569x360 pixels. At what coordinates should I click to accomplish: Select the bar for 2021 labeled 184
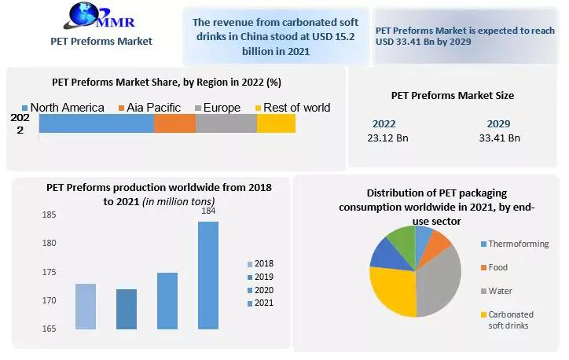click(x=208, y=275)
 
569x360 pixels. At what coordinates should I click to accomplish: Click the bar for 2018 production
click(x=86, y=307)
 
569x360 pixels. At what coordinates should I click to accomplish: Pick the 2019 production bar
click(x=127, y=309)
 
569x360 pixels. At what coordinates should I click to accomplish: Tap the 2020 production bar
click(x=167, y=301)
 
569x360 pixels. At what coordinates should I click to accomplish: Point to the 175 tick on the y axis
click(x=49, y=272)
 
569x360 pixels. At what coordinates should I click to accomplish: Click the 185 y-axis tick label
click(x=49, y=215)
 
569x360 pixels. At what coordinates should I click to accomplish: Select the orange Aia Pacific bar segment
click(x=174, y=123)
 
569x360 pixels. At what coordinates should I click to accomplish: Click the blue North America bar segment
click(x=96, y=123)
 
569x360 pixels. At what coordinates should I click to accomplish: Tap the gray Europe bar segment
click(x=226, y=123)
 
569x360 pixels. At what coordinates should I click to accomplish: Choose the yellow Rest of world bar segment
click(x=276, y=123)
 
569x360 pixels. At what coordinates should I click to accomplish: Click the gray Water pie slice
click(x=440, y=279)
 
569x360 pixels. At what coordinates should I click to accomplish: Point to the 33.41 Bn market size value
click(x=499, y=138)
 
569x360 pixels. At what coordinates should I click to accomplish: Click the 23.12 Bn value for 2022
click(x=384, y=138)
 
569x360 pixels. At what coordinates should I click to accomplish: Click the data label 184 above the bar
click(x=208, y=211)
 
